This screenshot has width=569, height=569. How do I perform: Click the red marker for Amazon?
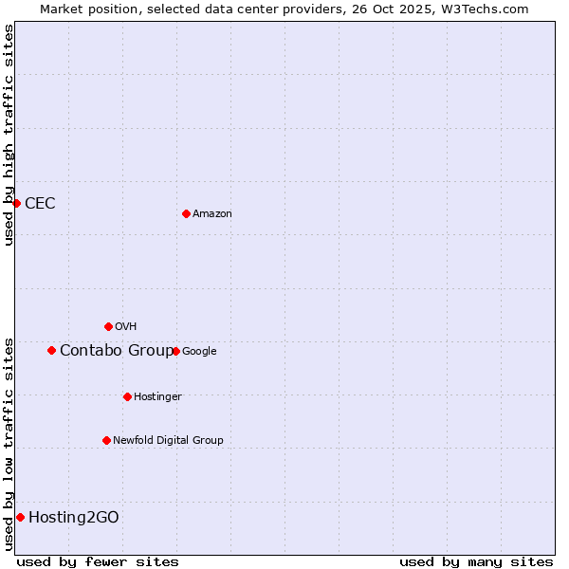point(186,213)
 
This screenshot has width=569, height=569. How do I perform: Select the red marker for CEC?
point(16,203)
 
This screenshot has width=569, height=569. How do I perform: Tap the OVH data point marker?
point(108,326)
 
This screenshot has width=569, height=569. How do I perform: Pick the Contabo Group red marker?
point(51,350)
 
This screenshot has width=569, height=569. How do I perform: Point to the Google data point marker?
point(175,351)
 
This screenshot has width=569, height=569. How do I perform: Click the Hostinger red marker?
point(127,396)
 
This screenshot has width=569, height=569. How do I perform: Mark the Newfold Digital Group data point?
point(106,440)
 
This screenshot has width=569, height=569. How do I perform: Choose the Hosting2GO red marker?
point(20,517)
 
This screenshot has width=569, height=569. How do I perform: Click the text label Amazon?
point(212,213)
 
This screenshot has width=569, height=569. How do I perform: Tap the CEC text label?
point(40,203)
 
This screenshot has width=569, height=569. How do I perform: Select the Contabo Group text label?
point(117,351)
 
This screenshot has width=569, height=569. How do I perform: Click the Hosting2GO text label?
point(74,517)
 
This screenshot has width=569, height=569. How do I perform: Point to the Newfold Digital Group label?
point(168,440)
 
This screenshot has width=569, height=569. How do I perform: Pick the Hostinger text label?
point(157,396)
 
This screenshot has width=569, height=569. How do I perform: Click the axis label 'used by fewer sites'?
point(98,561)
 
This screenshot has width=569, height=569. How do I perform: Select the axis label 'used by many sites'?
point(476,561)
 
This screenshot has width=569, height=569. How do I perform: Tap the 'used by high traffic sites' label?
point(9,135)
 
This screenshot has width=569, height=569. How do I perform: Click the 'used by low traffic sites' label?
point(9,444)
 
